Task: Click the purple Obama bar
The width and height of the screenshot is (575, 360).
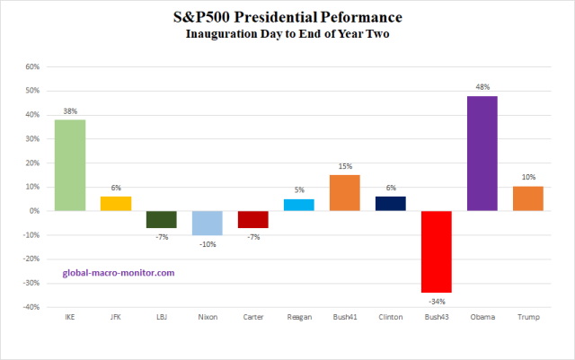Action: pos(482,154)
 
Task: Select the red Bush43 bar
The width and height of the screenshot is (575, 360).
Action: pos(437,251)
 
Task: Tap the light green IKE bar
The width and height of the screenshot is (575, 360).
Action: pos(70,165)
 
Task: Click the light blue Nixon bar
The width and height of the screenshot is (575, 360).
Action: pos(208,223)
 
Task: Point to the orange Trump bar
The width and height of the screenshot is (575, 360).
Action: pos(528,198)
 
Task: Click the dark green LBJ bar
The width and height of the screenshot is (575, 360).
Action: pos(162,219)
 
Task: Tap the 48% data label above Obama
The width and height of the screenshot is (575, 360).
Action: pos(482,87)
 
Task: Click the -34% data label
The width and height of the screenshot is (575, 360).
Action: pos(437,301)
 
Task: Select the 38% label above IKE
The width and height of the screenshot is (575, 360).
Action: pos(70,111)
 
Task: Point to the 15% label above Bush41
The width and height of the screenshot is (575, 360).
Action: pos(345,166)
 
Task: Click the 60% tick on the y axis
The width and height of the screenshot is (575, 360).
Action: pos(32,66)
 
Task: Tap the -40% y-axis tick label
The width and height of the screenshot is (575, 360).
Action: pos(31,307)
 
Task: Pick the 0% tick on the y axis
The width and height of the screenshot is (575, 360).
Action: pos(35,211)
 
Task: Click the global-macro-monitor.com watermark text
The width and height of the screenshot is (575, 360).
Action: pos(118,272)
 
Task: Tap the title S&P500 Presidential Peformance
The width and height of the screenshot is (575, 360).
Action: pos(287,17)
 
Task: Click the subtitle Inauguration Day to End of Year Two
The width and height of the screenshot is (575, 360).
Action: pos(287,34)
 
